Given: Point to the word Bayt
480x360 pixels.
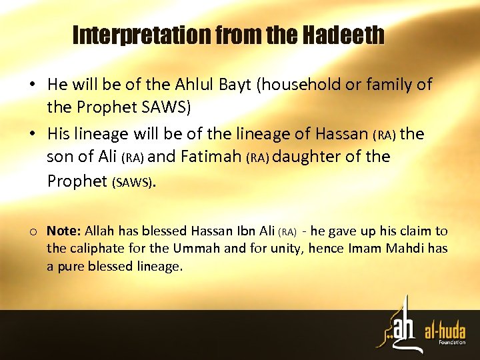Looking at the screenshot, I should (x=237, y=85).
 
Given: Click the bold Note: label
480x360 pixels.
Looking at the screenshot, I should (x=63, y=231).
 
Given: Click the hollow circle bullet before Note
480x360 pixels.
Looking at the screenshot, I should (x=33, y=232).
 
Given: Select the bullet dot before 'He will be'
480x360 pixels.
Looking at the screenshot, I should (x=32, y=85).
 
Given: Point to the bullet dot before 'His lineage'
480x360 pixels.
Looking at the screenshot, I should (x=32, y=134).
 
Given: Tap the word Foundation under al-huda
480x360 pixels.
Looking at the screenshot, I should (x=453, y=343).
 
